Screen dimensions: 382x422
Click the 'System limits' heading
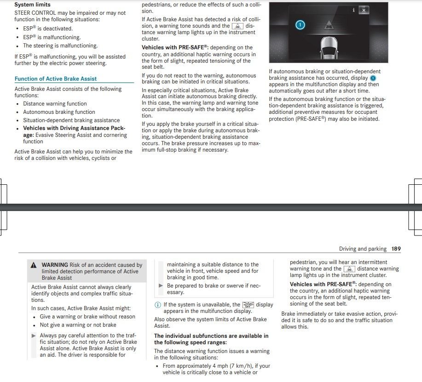point(33,5)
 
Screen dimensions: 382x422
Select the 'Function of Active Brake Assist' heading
point(56,79)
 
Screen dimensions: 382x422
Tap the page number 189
point(396,249)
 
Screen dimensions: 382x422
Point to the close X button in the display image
point(364,10)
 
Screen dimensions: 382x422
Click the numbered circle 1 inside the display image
point(300,25)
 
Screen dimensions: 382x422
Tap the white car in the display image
point(329,48)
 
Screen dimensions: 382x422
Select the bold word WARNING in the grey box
point(55,265)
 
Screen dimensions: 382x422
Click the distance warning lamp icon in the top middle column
point(237,26)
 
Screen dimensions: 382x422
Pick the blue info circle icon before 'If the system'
point(158,305)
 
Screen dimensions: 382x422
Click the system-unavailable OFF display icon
point(248,305)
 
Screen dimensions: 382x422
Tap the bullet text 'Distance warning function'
point(55,104)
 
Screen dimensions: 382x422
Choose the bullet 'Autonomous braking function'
point(59,112)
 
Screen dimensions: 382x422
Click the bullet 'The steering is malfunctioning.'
point(60,46)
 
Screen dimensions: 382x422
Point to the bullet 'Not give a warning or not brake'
point(78,325)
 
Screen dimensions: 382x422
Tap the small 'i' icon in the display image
point(353,9)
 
